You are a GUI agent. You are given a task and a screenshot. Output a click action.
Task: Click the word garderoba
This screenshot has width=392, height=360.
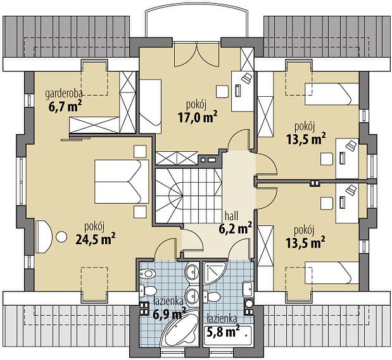(x=64, y=94)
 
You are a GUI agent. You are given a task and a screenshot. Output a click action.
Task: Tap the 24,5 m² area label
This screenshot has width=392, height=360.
(x=95, y=239)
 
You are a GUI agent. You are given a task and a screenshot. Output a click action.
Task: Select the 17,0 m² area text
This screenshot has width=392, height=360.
(x=198, y=116)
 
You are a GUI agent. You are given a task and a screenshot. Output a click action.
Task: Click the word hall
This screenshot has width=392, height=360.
(x=231, y=215)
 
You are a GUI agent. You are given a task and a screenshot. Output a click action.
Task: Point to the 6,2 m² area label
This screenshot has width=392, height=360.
(x=235, y=228)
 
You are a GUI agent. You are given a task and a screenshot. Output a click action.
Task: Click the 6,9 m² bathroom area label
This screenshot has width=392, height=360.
(x=170, y=314)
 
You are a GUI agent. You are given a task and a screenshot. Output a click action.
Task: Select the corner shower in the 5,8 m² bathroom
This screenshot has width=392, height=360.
(x=215, y=273)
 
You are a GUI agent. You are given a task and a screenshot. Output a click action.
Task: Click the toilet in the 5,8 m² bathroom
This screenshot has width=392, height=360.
(x=212, y=297)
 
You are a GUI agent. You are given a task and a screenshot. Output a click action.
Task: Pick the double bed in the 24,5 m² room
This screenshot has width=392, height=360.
(x=122, y=182)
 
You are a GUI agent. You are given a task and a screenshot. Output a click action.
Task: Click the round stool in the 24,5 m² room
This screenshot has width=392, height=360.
(x=61, y=237)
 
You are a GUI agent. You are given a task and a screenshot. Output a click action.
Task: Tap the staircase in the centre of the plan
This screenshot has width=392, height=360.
(x=188, y=196)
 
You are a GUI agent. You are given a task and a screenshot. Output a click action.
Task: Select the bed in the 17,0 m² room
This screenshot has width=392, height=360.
(x=150, y=106)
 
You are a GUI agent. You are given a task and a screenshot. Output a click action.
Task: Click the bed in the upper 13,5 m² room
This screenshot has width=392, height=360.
(x=332, y=94)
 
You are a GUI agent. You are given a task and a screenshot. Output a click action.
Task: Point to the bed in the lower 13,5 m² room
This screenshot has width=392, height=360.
(x=332, y=272)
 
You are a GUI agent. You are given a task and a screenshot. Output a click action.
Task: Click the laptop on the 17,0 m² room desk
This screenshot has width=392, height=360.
(x=247, y=77)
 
